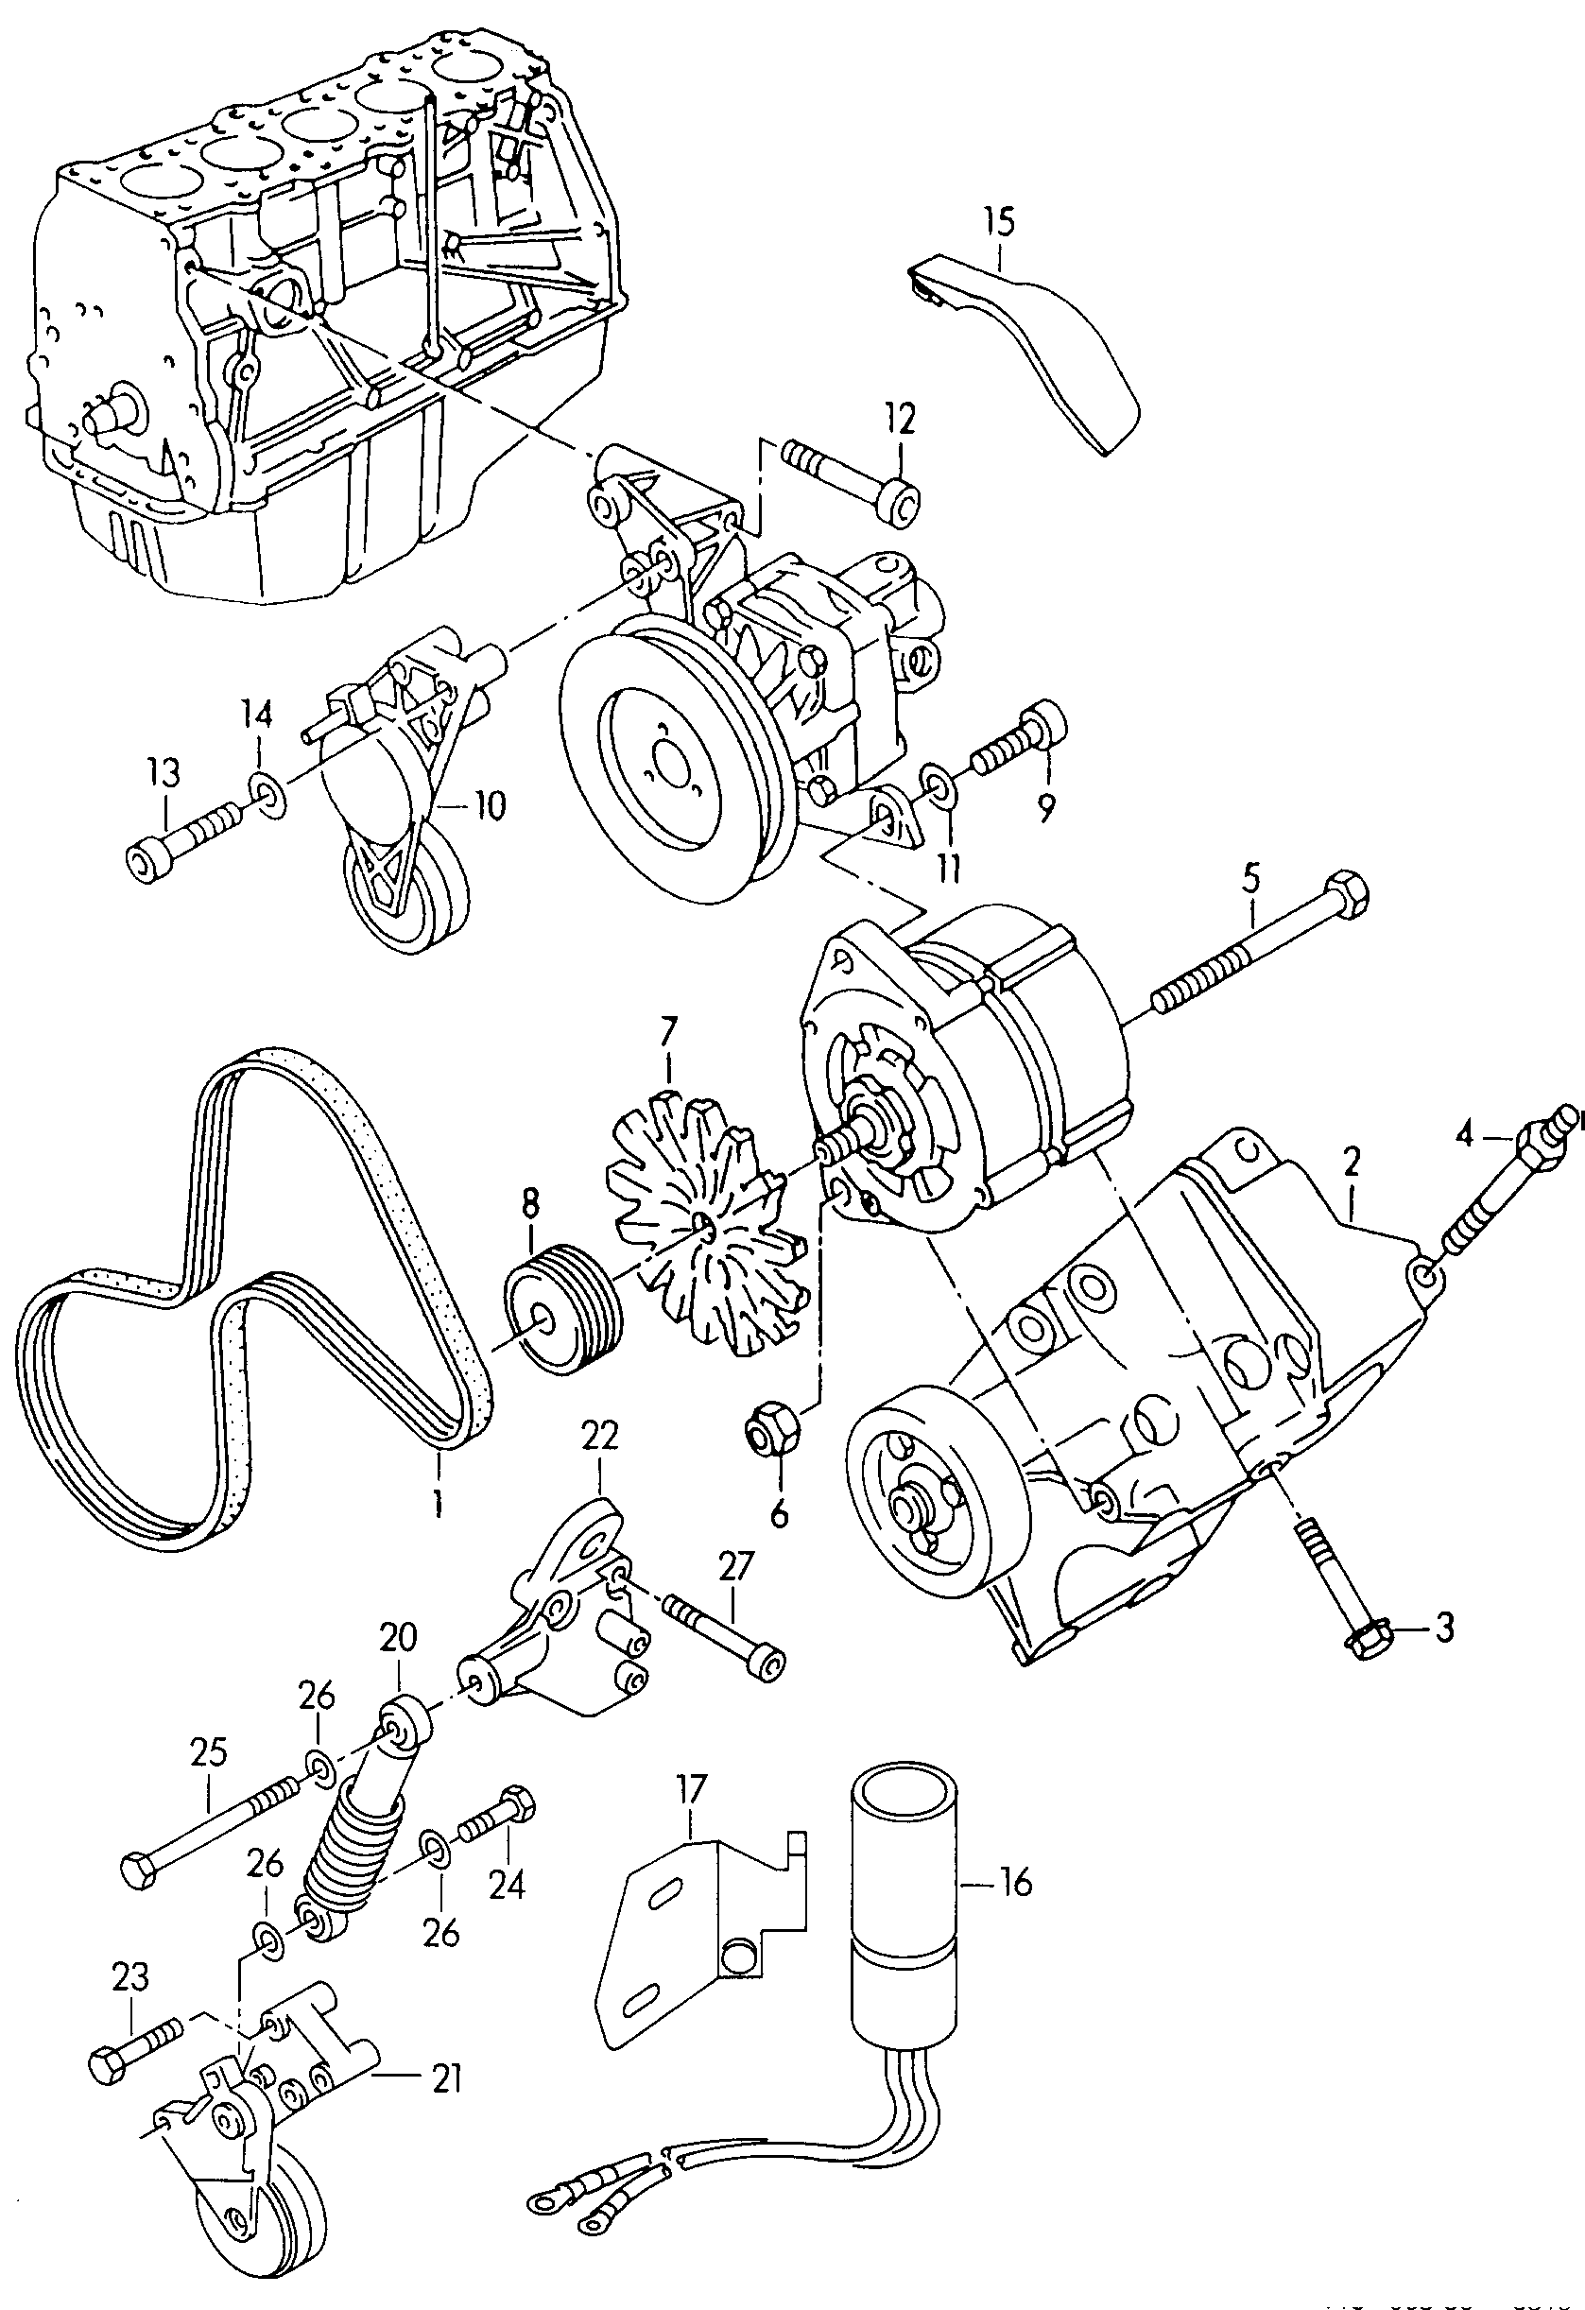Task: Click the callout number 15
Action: (x=1001, y=220)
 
